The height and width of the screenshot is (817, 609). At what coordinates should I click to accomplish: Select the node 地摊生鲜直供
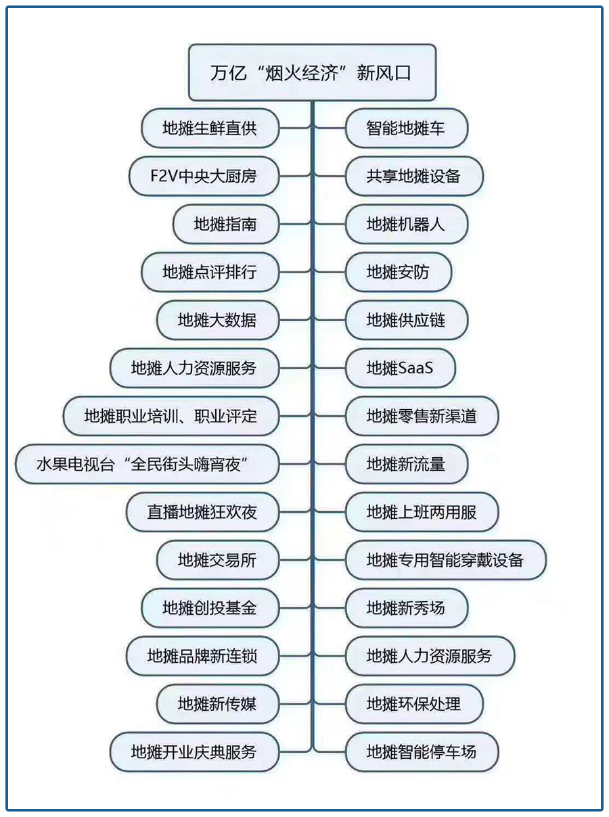210,128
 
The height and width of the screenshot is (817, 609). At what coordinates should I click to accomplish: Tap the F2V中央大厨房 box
203,177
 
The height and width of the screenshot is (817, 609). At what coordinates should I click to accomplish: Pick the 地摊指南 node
225,224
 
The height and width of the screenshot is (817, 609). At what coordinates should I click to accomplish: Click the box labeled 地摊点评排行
210,273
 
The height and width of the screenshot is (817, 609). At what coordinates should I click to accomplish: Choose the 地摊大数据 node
217,320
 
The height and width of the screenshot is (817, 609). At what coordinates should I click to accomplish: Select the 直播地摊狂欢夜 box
202,512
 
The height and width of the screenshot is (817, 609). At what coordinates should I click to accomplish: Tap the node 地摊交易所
217,560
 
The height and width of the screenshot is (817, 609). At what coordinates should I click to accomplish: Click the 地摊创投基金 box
210,608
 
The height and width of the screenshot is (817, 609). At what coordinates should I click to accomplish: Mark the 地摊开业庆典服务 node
194,751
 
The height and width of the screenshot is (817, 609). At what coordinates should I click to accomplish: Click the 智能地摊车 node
406,128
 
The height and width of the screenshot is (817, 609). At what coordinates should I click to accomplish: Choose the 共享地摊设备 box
413,177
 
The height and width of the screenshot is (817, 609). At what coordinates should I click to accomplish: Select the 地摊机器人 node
406,224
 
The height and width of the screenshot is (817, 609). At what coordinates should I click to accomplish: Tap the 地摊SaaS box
400,368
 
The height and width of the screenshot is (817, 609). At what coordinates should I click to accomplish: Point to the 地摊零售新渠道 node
422,416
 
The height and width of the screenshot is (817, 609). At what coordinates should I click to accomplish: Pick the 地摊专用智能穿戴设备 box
445,560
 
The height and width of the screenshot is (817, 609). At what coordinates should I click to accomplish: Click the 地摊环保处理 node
413,703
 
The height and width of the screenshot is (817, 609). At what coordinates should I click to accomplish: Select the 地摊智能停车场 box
422,751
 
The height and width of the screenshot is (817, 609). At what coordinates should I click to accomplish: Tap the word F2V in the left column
163,177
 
